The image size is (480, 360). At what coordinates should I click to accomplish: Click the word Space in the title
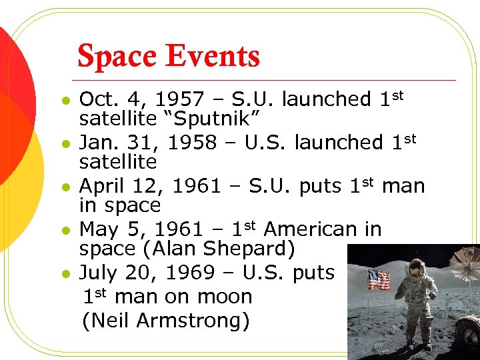117,57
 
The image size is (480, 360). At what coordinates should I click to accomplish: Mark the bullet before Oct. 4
64,101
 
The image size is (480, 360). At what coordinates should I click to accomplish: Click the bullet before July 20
64,273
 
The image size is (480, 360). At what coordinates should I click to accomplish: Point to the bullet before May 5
64,231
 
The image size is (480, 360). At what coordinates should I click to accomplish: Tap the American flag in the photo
378,279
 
